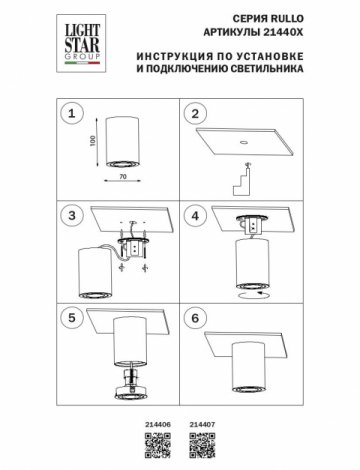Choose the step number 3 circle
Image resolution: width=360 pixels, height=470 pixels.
[x=70, y=215]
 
